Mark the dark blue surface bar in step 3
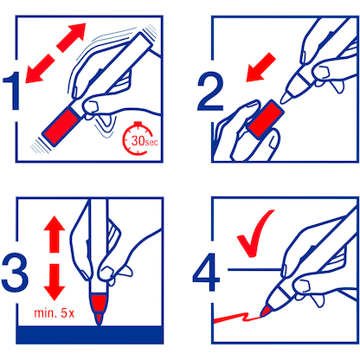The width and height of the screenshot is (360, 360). pyautogui.click(x=87, y=336)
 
